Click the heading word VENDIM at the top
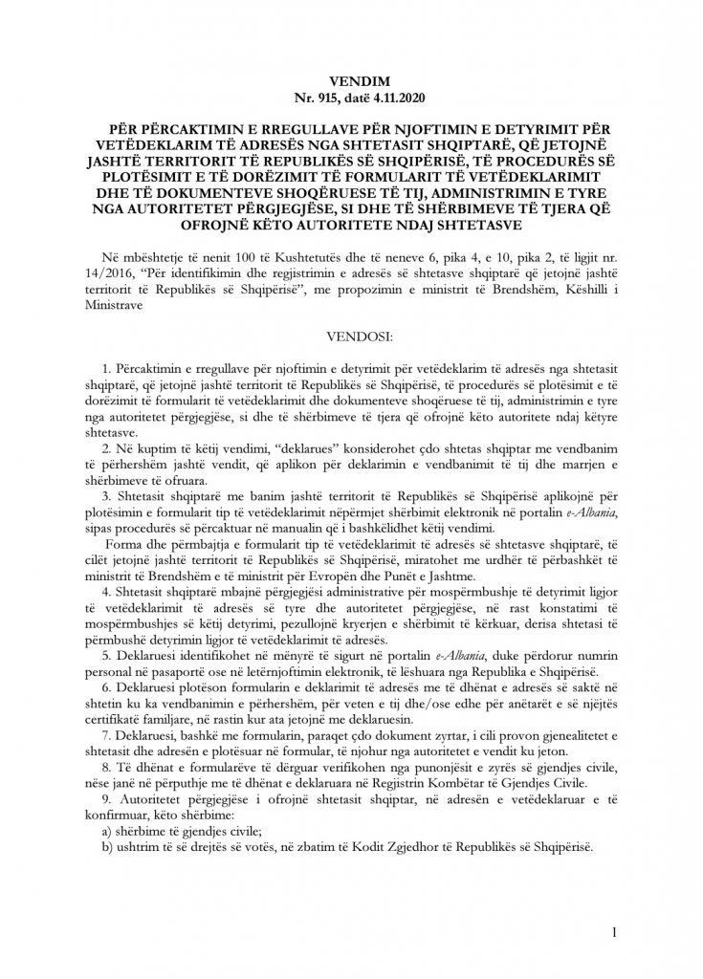click(351, 83)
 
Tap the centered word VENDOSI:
click(351, 337)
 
